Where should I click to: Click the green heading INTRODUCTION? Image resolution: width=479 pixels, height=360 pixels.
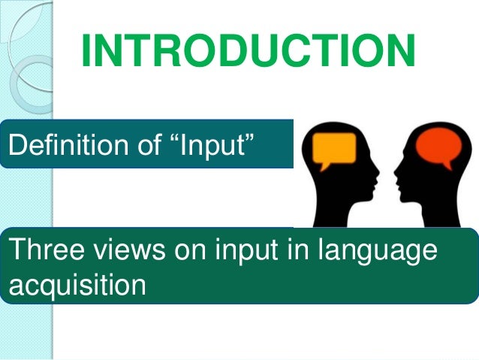pyautogui.click(x=248, y=50)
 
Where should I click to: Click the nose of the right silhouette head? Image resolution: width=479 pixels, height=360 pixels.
pyautogui.click(x=395, y=174)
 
